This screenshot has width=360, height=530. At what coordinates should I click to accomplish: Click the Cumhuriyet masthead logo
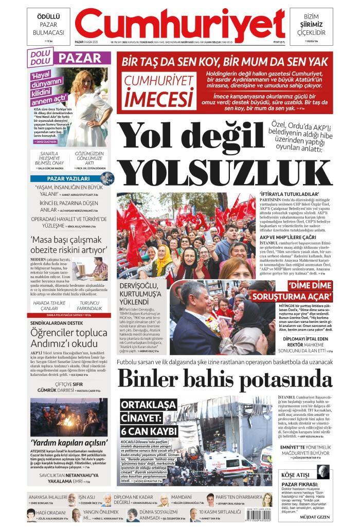point(179,24)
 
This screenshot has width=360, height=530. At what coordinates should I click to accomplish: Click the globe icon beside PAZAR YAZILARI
point(106,178)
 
